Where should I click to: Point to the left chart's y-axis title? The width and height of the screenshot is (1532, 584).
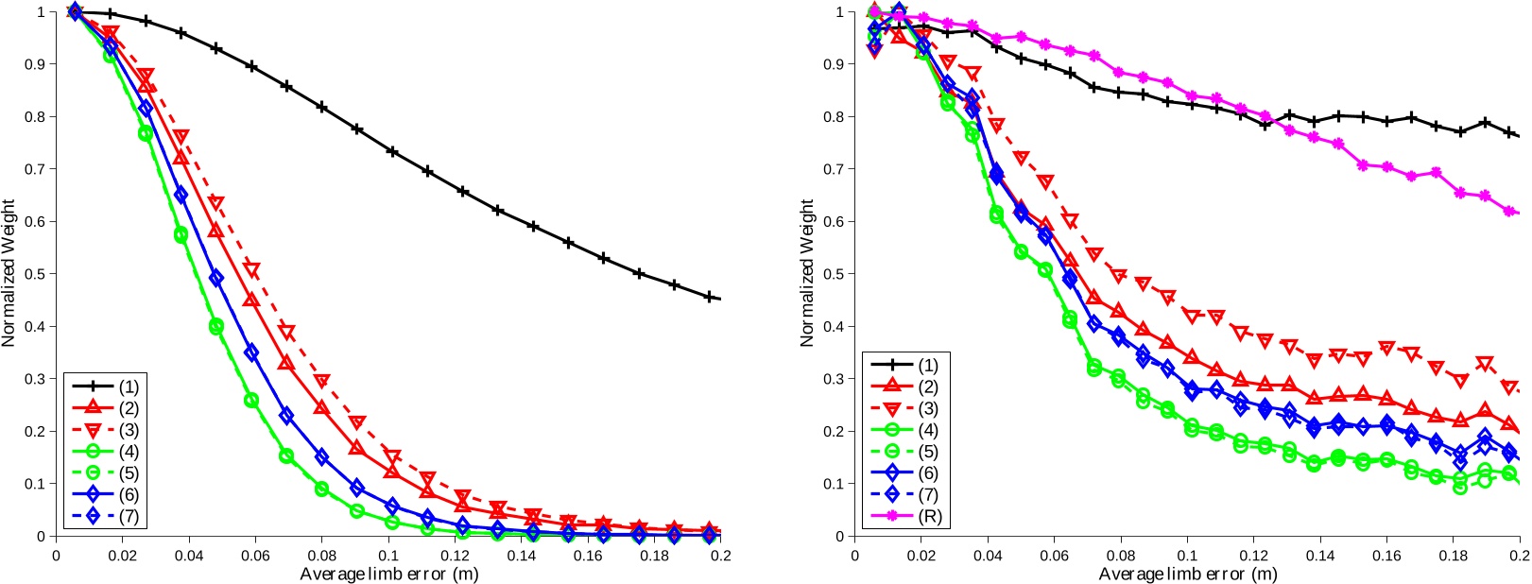point(9,273)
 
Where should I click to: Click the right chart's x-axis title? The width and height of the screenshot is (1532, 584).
point(1187,575)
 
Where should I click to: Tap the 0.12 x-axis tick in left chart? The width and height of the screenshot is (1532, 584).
point(455,556)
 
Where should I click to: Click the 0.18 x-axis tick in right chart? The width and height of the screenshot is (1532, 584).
point(1453,556)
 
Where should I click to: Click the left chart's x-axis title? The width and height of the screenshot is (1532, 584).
point(388,575)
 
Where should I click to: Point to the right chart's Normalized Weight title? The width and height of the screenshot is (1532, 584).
point(807,273)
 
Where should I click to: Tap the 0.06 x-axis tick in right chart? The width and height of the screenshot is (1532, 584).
point(1054,556)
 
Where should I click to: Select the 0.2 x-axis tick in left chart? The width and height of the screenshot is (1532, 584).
point(719,556)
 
